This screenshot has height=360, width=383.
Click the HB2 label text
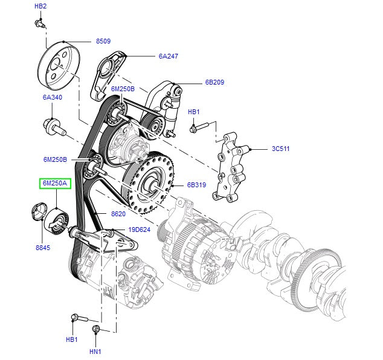[x=40, y=6]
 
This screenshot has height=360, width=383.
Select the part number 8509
[x=104, y=42]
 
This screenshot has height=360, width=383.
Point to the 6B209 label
[x=214, y=83]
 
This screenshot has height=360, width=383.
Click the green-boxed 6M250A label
[x=55, y=183]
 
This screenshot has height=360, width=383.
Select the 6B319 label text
[x=197, y=186]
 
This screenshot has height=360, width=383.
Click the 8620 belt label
[x=118, y=214]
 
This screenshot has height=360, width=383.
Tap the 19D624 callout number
[x=139, y=230]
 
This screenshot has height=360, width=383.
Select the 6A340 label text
[x=52, y=97]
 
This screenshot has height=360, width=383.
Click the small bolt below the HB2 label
[x=40, y=24]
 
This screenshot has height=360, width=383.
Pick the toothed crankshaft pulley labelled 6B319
[x=149, y=181]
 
